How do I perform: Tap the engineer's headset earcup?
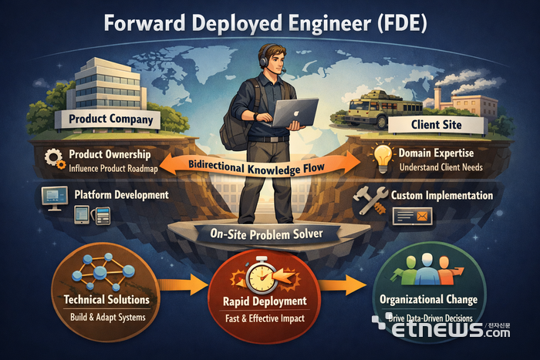coord(264,62)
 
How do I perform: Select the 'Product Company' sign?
coord(108,119)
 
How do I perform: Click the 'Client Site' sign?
coord(437,125)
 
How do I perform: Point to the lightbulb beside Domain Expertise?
coord(383,157)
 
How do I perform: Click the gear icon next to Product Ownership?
coord(55,159)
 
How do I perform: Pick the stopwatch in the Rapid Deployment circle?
coord(262,276)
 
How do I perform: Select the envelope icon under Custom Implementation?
coord(422,216)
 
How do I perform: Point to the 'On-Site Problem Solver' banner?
coord(267,234)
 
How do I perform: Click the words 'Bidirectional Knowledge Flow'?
coord(257,167)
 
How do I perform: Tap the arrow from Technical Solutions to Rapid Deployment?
coord(183,284)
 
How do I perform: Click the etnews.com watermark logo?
coord(441,328)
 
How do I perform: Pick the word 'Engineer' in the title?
coord(330,24)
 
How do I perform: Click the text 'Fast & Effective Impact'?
coord(265,318)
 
